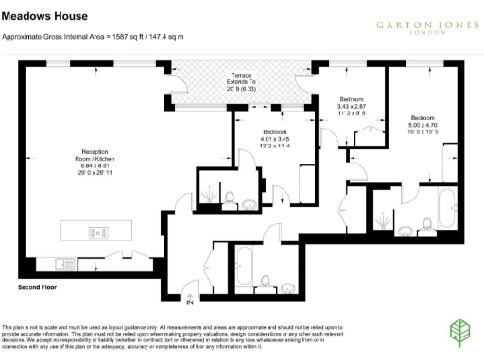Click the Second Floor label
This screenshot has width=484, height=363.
point(38,285)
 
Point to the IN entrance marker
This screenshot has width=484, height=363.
point(190,302)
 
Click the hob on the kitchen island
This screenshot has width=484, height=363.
point(97,232)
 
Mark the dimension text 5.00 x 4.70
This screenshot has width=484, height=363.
point(423,123)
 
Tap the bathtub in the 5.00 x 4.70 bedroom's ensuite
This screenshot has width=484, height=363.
point(444,208)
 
